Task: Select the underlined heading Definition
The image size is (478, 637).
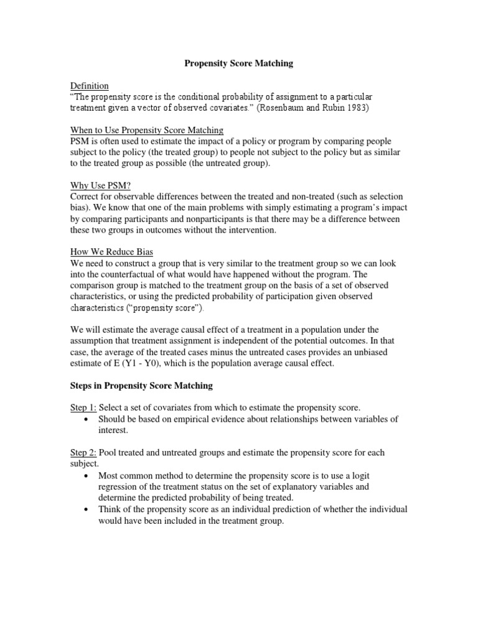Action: pos(88,85)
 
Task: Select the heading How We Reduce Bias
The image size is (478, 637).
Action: pos(110,252)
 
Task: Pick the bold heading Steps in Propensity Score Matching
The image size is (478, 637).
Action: pos(140,386)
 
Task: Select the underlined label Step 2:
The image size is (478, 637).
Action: pos(83,452)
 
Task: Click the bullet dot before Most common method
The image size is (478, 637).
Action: pos(86,476)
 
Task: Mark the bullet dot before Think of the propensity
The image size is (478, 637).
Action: pos(86,509)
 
